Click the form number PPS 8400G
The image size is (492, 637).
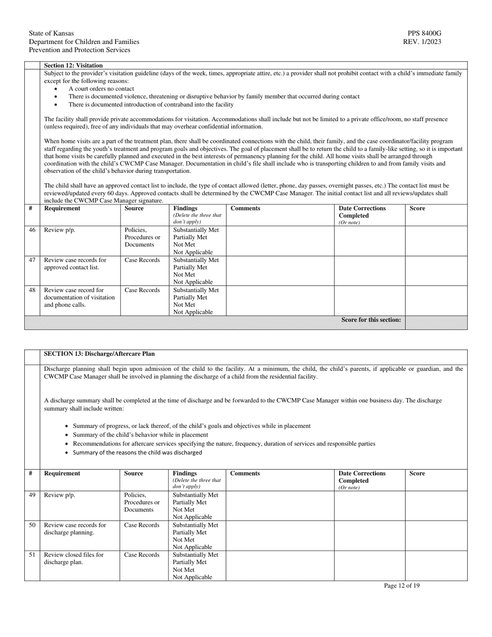tap(424, 34)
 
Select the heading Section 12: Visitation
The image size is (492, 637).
tap(73, 66)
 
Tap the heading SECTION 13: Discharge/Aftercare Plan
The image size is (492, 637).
tap(99, 354)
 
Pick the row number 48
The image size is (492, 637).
tap(32, 290)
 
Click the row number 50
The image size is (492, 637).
tap(32, 525)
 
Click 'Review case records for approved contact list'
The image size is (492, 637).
tap(75, 264)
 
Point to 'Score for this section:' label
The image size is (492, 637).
tap(371, 320)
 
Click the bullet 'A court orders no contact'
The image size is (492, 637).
tap(101, 89)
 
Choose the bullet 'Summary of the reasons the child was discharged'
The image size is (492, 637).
tap(137, 453)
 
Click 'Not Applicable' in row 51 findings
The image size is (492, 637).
tap(192, 577)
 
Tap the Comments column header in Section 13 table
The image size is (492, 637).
tap(245, 473)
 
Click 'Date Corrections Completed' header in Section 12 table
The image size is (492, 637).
tap(362, 212)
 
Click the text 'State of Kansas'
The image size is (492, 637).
tap(51, 34)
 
